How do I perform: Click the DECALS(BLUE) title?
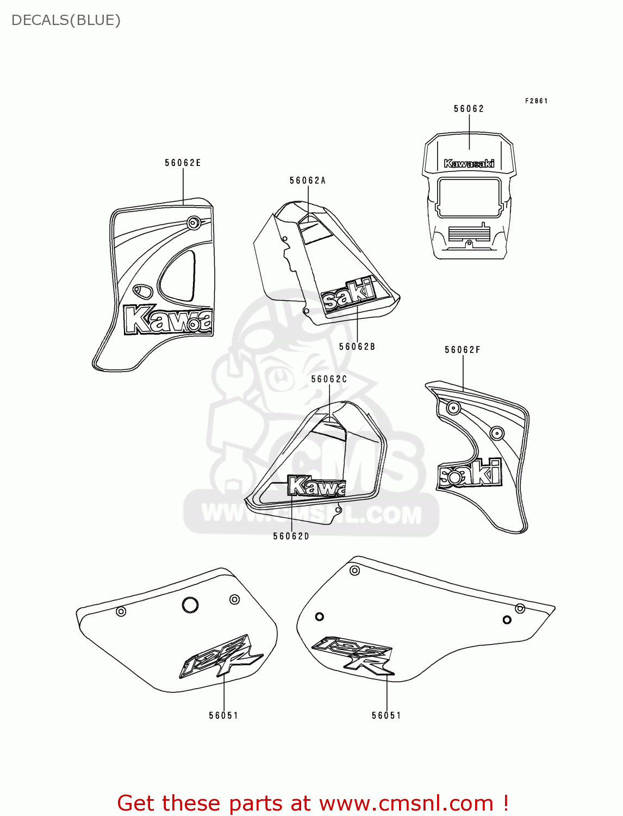click(x=66, y=20)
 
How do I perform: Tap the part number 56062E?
click(x=183, y=163)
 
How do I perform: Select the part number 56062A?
click(x=307, y=181)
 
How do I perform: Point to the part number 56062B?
click(x=357, y=347)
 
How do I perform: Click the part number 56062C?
click(x=329, y=379)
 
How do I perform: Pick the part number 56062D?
click(x=291, y=536)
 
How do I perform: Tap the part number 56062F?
click(x=463, y=350)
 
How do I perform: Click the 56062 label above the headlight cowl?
click(x=469, y=109)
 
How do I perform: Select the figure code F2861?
click(x=536, y=101)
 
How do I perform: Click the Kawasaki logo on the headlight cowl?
click(x=469, y=163)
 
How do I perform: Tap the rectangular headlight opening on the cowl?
click(x=469, y=197)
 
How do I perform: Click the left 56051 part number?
click(x=223, y=715)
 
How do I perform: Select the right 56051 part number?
click(x=387, y=715)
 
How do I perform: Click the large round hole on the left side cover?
click(x=190, y=604)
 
